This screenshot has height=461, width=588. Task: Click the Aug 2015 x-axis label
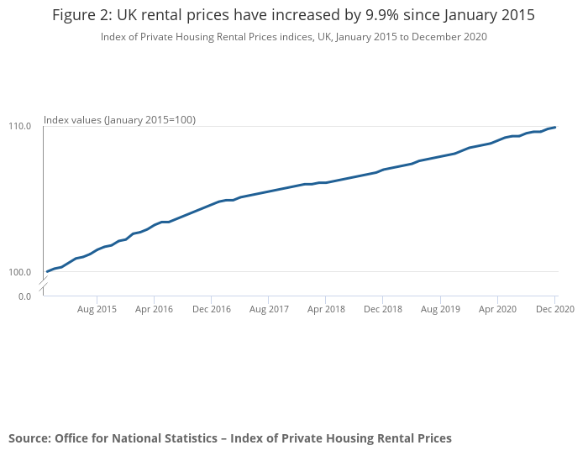97,310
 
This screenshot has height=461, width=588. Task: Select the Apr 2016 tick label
154,310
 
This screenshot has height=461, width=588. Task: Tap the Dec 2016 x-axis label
211,310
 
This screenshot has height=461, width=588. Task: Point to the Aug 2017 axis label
269,310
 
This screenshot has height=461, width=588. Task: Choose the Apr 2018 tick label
326,310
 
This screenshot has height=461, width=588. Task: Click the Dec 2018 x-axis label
383,310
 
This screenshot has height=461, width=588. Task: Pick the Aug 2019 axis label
440,310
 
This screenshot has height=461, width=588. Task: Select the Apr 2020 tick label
497,310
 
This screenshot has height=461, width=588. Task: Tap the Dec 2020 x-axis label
555,310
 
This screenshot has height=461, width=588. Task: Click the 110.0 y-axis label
21,127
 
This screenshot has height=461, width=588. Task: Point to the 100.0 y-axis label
21,272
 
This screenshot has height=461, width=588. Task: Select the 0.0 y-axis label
24,296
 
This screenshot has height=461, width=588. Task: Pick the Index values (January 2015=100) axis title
119,120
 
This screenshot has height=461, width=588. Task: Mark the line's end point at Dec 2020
555,127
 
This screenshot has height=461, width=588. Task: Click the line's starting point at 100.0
47,271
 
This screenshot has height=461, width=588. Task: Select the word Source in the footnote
29,438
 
